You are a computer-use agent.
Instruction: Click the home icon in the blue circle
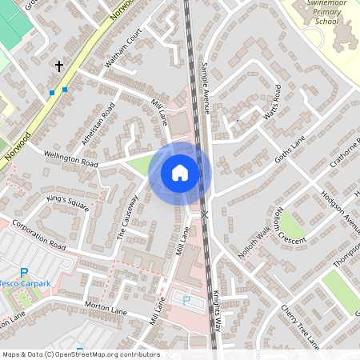pos(180,173)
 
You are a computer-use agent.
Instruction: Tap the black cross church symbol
pos(58,66)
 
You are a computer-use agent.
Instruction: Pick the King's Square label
pos(67,203)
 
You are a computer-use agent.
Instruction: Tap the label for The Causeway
pos(128,218)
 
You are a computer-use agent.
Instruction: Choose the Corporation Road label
pos(38,233)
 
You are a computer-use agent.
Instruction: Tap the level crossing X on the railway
pos(205,214)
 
